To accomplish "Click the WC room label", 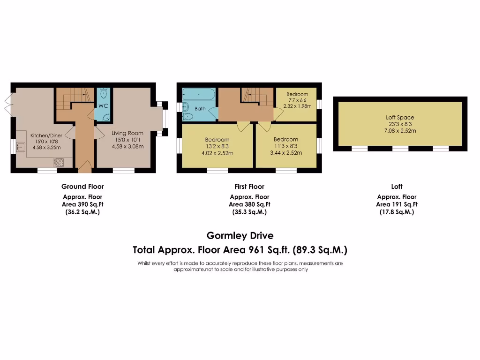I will tap(103, 106).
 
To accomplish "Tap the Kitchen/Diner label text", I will tap(43, 135).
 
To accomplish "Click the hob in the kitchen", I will tap(60, 163).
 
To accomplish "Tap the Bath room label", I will tap(200, 109).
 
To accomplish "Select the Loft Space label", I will tap(400, 117).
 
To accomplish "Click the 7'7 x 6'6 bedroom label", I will tap(297, 94).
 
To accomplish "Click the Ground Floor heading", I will tap(82, 187).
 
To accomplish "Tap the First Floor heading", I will tap(249, 187).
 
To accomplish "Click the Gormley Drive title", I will tap(240, 235).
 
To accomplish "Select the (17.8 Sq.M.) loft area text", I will tap(397, 212).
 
